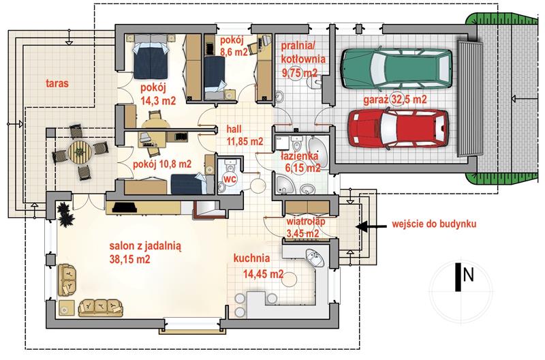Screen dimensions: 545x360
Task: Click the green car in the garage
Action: click(396, 68)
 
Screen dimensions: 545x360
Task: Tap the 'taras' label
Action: click(57, 83)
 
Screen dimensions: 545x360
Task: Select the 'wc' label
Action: click(230, 179)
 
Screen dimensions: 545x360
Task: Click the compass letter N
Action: click(469, 275)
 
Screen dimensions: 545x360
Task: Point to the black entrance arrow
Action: click(371, 226)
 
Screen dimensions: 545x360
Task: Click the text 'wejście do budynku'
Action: click(434, 224)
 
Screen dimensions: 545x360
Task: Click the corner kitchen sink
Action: click(315, 258)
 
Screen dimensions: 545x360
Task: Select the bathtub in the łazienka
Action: click(318, 153)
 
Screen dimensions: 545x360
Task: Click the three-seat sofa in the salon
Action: click(100, 307)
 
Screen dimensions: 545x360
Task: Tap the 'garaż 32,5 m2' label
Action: click(395, 100)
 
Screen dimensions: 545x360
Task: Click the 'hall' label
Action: click(234, 130)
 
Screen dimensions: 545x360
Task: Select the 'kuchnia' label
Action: click(251, 258)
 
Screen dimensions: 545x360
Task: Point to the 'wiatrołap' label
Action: click(305, 222)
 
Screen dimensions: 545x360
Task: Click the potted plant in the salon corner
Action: click(65, 214)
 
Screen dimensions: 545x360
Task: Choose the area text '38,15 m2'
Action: click(129, 259)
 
